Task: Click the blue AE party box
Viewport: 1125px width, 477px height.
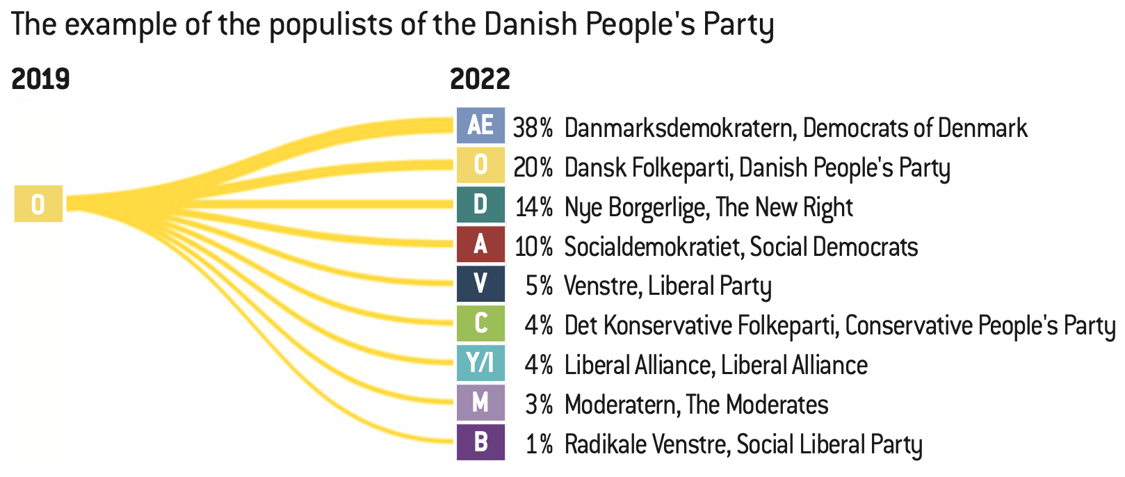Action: (480, 126)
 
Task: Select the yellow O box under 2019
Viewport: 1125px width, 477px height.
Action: (39, 204)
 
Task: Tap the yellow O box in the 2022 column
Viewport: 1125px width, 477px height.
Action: (480, 165)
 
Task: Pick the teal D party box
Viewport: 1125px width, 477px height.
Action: (480, 205)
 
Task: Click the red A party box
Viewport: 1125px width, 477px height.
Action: (480, 245)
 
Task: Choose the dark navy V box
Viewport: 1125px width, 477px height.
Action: (480, 284)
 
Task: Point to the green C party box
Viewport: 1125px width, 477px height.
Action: (480, 323)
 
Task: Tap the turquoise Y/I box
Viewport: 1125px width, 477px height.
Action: (480, 363)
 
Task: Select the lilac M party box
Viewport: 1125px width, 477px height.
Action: (480, 403)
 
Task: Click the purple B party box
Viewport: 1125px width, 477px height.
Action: (480, 442)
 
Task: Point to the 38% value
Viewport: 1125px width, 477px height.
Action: (533, 128)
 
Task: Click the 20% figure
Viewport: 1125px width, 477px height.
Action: (533, 168)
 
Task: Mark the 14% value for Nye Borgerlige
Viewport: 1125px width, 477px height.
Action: (534, 207)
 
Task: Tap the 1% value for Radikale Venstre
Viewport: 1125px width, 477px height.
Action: (539, 444)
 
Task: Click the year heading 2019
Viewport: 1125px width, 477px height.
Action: (41, 79)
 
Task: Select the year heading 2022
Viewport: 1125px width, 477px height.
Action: (480, 79)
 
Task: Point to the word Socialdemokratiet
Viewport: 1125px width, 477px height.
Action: (653, 247)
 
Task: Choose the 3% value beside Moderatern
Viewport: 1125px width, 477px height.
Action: (539, 405)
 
